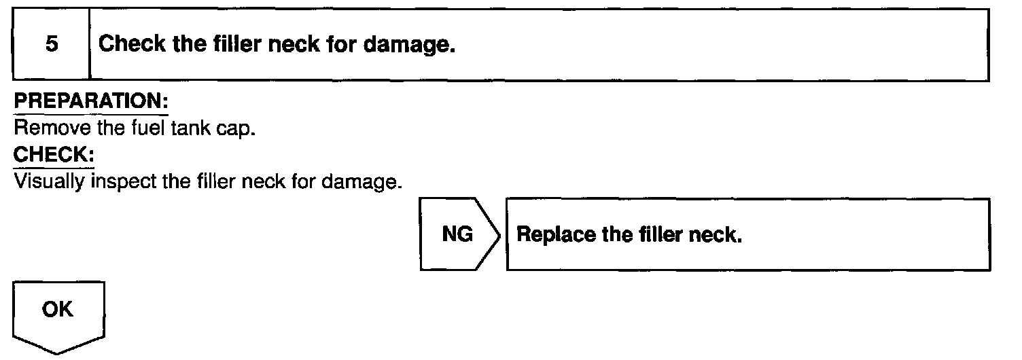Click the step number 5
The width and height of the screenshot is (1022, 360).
pyautogui.click(x=52, y=46)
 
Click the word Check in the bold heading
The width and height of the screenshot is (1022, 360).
pyautogui.click(x=130, y=46)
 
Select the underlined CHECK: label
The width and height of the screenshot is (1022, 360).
pyautogui.click(x=54, y=155)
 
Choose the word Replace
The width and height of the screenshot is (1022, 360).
pyautogui.click(x=549, y=235)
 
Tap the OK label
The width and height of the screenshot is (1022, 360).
pyautogui.click(x=56, y=310)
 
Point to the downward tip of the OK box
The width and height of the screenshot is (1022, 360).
pyautogui.click(x=56, y=353)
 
